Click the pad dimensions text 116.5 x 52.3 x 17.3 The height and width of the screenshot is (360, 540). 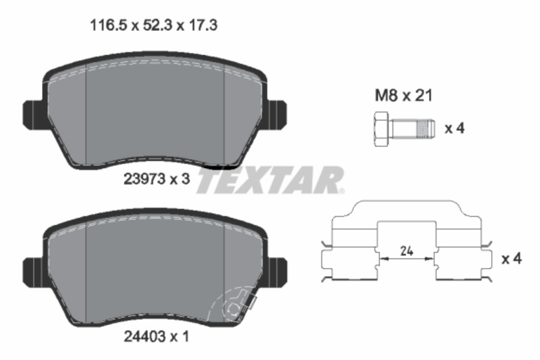tap(153, 25)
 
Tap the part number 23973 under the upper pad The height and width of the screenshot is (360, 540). tap(144, 179)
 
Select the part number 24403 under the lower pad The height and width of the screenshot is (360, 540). tap(144, 336)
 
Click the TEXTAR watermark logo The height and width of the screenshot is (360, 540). tap(270, 180)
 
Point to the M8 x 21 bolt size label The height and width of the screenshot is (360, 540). tap(404, 95)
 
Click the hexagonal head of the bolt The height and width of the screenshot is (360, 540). tap(382, 129)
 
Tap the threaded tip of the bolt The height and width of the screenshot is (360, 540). tap(426, 129)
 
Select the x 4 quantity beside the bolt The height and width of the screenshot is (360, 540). tap(454, 128)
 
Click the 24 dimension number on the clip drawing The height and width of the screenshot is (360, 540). tap(407, 251)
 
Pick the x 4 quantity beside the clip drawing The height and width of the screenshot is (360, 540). tap(512, 259)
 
